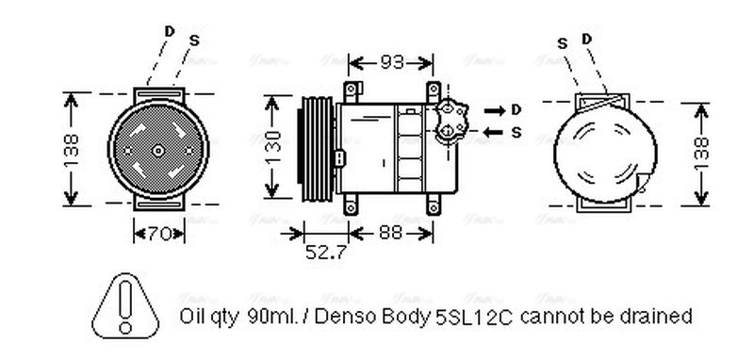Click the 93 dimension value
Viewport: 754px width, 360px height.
[391, 63]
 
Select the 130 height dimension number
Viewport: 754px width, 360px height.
[272, 147]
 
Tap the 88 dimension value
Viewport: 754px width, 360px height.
[389, 231]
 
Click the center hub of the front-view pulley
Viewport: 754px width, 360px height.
[157, 149]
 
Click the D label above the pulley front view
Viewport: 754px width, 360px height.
[169, 31]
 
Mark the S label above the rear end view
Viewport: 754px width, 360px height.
[562, 42]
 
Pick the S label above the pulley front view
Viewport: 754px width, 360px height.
[194, 40]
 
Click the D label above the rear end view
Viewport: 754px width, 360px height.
[586, 39]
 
